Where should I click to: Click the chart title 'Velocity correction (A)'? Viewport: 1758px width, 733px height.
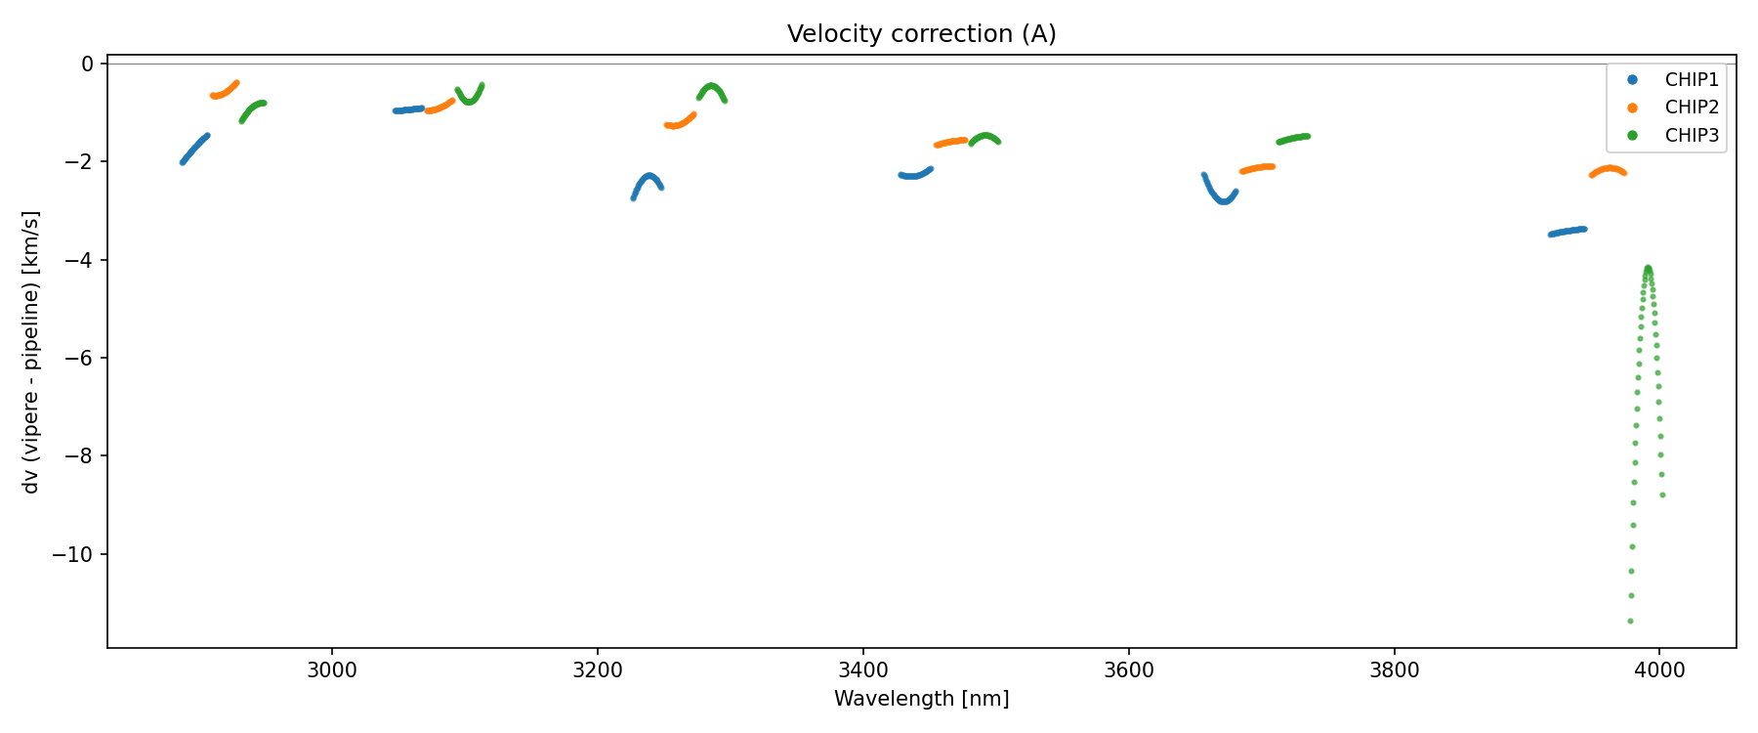[x=921, y=34]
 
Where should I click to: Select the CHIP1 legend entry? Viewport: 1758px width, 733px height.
[x=1691, y=80]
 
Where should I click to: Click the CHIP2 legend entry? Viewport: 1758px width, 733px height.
[x=1691, y=108]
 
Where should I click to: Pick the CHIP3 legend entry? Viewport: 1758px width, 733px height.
[x=1691, y=136]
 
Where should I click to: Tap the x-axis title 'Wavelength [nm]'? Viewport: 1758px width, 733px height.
[x=921, y=699]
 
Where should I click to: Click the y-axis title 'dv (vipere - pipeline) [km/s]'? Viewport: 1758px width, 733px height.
[x=31, y=352]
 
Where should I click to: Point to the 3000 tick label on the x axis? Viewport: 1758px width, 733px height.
[x=332, y=670]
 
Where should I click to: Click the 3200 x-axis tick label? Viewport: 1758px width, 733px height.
[x=598, y=670]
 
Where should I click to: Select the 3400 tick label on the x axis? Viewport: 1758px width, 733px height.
[x=863, y=670]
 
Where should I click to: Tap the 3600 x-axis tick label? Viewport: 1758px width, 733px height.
[x=1128, y=670]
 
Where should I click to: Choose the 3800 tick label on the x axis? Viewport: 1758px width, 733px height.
[x=1394, y=670]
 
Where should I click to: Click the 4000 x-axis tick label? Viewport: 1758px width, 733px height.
[x=1659, y=670]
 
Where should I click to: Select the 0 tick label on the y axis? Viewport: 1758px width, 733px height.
[x=88, y=65]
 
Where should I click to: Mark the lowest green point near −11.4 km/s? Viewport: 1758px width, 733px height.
[x=1630, y=621]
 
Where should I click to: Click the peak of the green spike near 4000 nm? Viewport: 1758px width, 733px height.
[x=1648, y=268]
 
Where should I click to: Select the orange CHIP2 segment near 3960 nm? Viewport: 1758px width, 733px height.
[x=1609, y=169]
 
